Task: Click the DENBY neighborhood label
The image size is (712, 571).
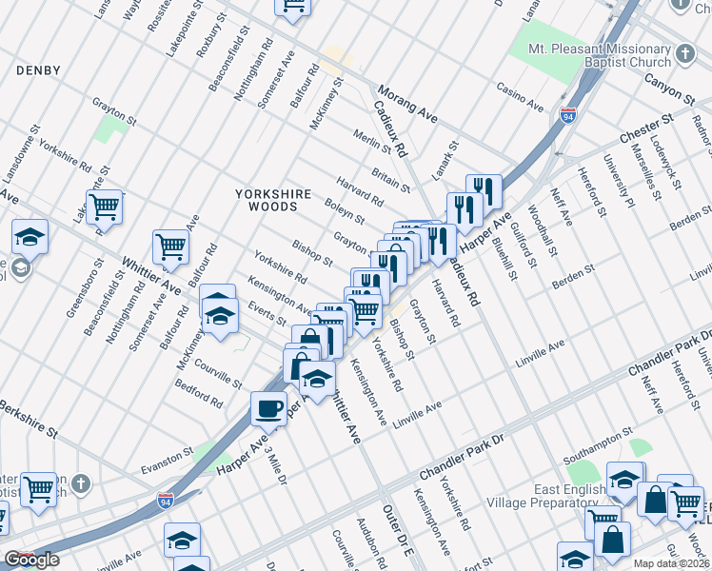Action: (x=38, y=70)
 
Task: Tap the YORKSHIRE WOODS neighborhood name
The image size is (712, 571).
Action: (x=273, y=200)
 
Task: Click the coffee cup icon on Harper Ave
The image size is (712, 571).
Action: (x=267, y=408)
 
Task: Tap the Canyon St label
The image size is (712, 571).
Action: (x=667, y=90)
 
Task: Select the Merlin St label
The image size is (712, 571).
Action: (x=372, y=142)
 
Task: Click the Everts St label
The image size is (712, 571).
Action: (x=267, y=315)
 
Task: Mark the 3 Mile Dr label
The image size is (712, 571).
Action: (x=276, y=465)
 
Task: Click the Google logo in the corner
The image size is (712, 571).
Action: (x=32, y=560)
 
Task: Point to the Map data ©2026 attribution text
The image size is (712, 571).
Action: (x=672, y=563)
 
